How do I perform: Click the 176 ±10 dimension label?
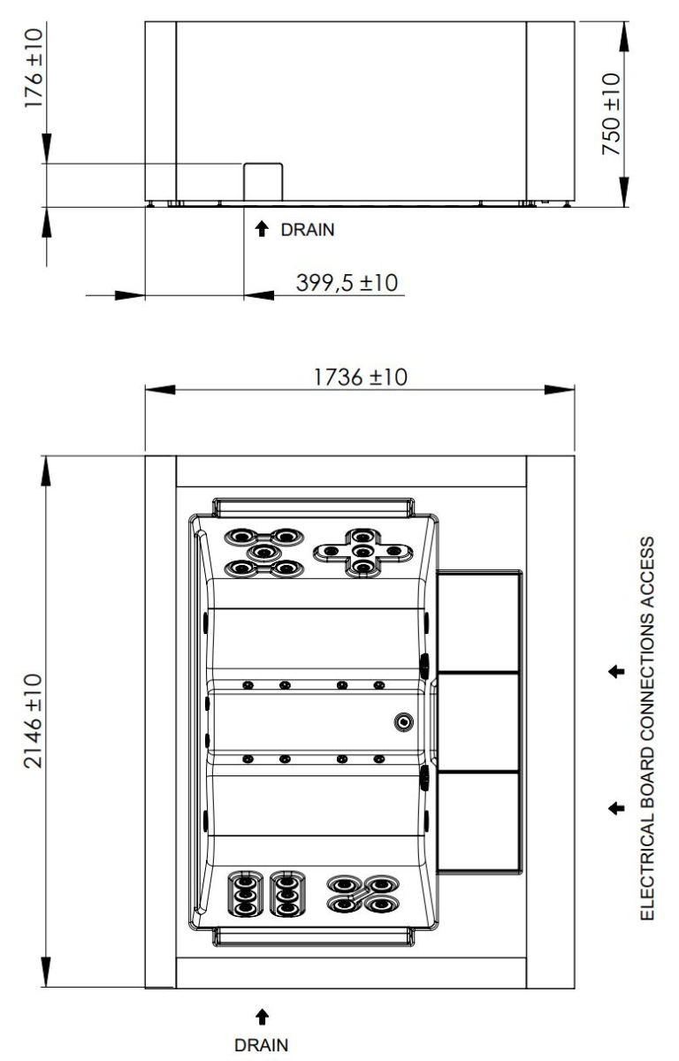pyautogui.click(x=34, y=68)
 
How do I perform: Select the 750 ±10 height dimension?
pyautogui.click(x=611, y=114)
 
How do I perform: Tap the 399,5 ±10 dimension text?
pyautogui.click(x=347, y=283)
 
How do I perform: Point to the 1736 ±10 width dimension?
pyautogui.click(x=361, y=377)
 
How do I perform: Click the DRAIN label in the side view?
pyautogui.click(x=308, y=230)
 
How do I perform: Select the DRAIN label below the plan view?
pyautogui.click(x=261, y=1044)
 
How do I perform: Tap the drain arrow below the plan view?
pyautogui.click(x=262, y=1017)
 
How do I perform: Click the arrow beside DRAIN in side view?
pyautogui.click(x=262, y=229)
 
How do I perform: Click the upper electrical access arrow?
pyautogui.click(x=616, y=671)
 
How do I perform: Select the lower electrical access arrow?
pyautogui.click(x=616, y=808)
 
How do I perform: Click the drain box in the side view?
pyautogui.click(x=263, y=182)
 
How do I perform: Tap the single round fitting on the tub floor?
pyautogui.click(x=403, y=722)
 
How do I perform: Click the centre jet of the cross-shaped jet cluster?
pyautogui.click(x=362, y=552)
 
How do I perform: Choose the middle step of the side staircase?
pyautogui.click(x=477, y=721)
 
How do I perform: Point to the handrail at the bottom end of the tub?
pyautogui.click(x=314, y=937)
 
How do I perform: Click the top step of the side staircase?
pyautogui.click(x=478, y=621)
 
